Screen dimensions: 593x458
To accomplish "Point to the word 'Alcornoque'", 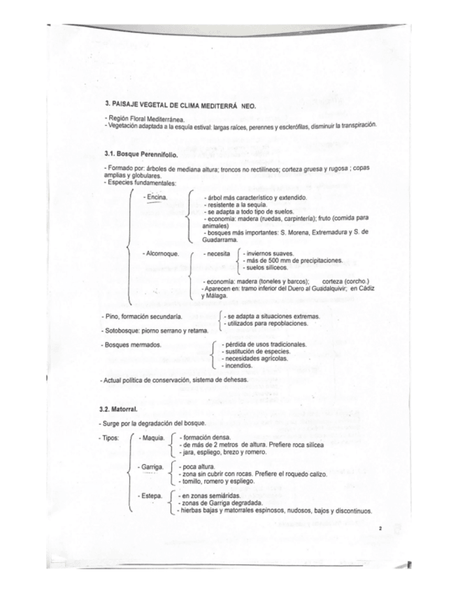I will (x=162, y=253).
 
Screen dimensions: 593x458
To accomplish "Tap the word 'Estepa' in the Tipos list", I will (x=151, y=495).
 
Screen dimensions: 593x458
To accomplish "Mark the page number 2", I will (x=379, y=529).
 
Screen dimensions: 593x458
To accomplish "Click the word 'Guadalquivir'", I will (x=322, y=288).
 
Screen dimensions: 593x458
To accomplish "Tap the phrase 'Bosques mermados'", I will (x=133, y=345).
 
